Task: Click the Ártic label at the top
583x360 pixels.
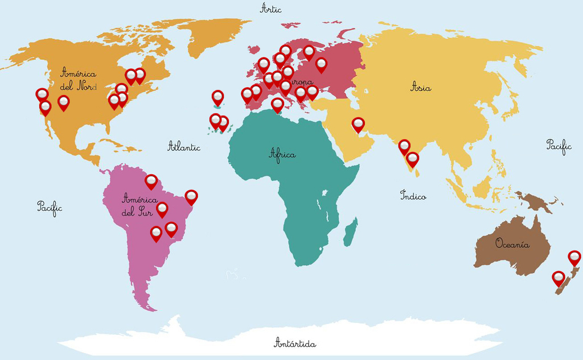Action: pyautogui.click(x=270, y=8)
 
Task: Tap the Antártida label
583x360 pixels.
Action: pyautogui.click(x=295, y=343)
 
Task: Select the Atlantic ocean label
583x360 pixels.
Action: pyautogui.click(x=184, y=147)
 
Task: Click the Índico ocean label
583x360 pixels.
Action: pyautogui.click(x=413, y=195)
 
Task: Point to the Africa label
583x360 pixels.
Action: pyautogui.click(x=282, y=154)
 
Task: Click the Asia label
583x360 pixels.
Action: pyautogui.click(x=421, y=88)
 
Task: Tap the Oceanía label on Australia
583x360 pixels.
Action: pyautogui.click(x=512, y=244)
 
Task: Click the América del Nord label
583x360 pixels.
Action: pyautogui.click(x=79, y=80)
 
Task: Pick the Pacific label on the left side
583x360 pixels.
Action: pyautogui.click(x=50, y=207)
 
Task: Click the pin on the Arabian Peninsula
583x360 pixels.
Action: pyautogui.click(x=358, y=124)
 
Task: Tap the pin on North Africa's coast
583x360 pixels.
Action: pyautogui.click(x=277, y=104)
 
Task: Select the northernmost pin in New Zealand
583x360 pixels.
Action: pyautogui.click(x=574, y=257)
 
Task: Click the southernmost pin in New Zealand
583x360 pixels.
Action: pyautogui.click(x=559, y=277)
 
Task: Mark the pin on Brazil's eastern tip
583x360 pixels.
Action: pyautogui.click(x=191, y=197)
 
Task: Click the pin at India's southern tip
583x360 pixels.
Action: pyautogui.click(x=413, y=158)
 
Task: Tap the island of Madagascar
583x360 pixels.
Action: pyautogui.click(x=351, y=232)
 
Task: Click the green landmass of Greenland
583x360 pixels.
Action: pyautogui.click(x=216, y=34)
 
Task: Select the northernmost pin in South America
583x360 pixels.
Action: pyautogui.click(x=151, y=181)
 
